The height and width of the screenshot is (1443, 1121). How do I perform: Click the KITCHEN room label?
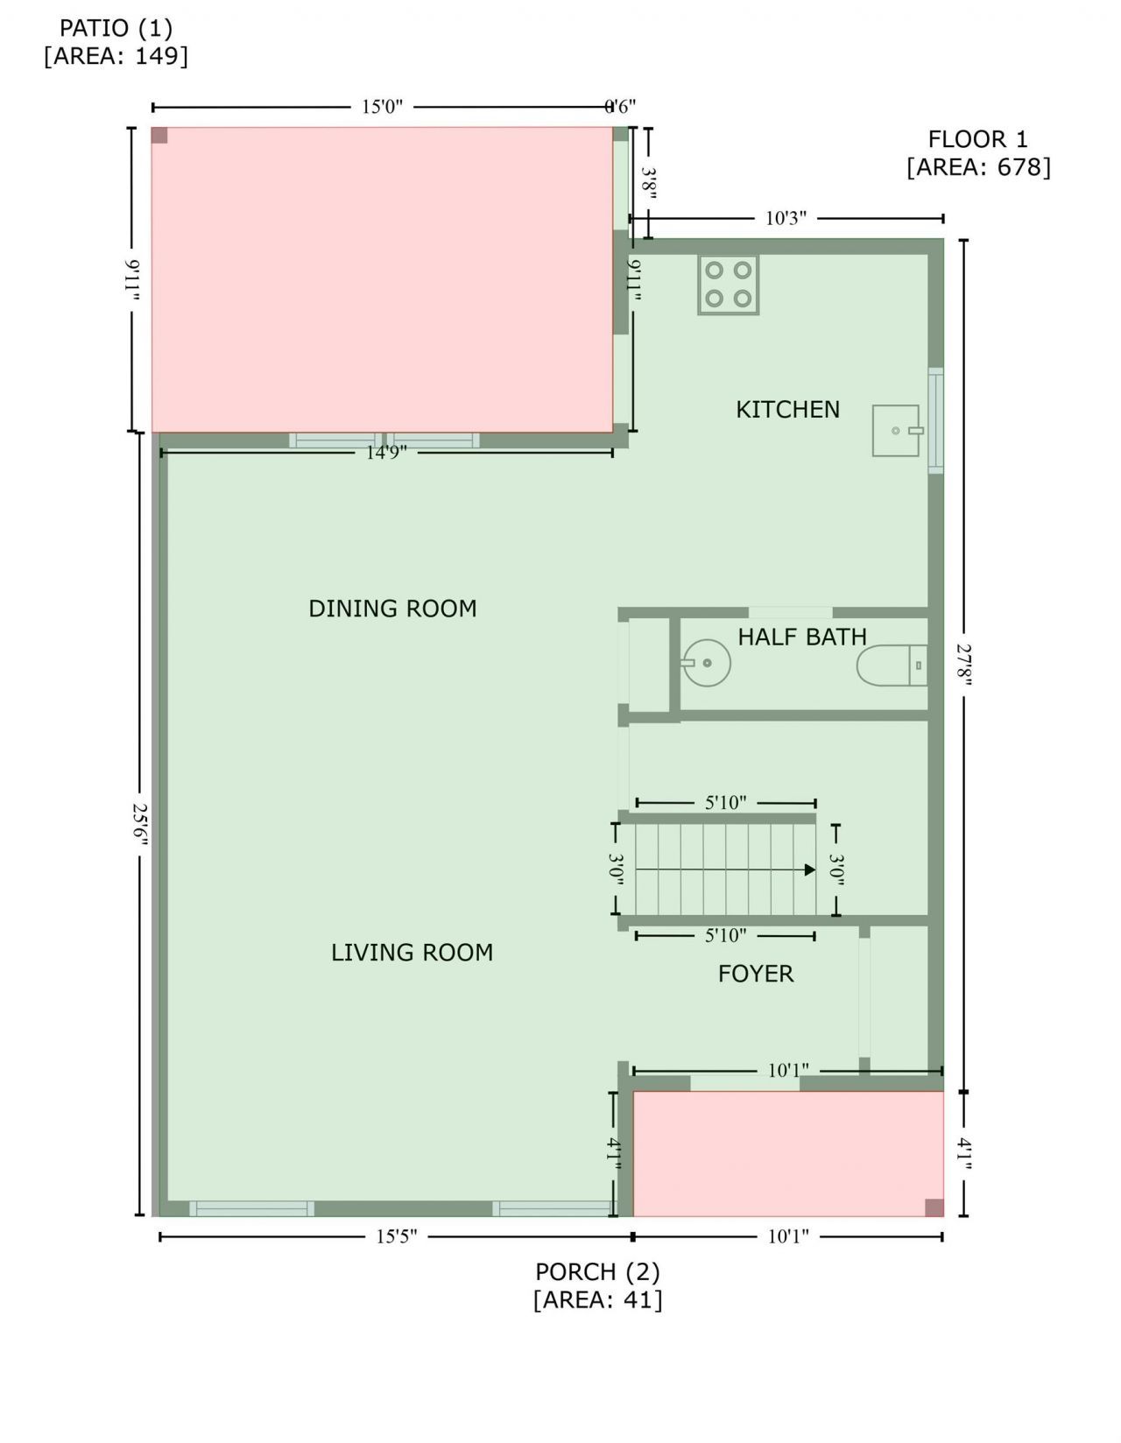(x=787, y=409)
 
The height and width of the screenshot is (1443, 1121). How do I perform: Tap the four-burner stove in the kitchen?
(x=728, y=285)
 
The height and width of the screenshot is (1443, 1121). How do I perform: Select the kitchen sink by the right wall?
(x=896, y=430)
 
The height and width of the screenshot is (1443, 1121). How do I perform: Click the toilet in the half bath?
(x=891, y=665)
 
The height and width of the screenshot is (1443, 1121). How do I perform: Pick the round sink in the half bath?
(x=706, y=662)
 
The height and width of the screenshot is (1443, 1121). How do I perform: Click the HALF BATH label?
(x=801, y=637)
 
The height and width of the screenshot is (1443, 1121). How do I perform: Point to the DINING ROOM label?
(x=392, y=609)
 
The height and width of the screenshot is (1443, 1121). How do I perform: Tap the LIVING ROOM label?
(x=412, y=953)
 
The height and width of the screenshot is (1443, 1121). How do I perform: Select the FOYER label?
(x=756, y=974)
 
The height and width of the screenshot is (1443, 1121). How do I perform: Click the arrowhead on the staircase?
(x=809, y=869)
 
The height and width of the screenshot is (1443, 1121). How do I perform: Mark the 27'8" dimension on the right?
(x=963, y=665)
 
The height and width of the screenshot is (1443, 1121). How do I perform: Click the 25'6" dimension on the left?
(x=140, y=824)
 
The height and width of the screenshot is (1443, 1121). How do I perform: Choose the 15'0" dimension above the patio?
(x=382, y=107)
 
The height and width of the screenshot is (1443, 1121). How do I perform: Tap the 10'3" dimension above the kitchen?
(x=786, y=218)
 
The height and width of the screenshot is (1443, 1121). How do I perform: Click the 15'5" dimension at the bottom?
(x=397, y=1236)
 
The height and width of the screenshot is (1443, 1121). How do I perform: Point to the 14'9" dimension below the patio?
(x=386, y=452)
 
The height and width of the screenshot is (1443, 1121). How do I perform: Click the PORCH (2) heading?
(x=597, y=1271)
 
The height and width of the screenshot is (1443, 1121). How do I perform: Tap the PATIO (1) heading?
(x=116, y=28)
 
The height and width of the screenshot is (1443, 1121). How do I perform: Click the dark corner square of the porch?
(x=934, y=1207)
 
